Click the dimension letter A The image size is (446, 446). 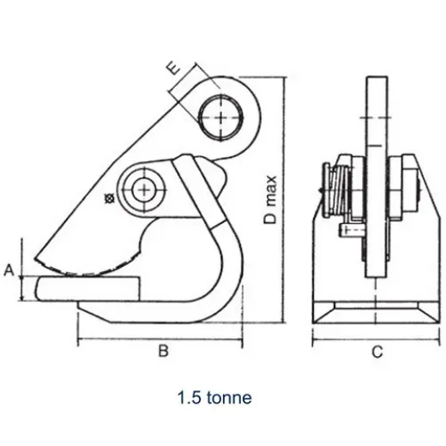pyautogui.click(x=9, y=271)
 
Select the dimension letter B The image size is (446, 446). pyautogui.click(x=160, y=350)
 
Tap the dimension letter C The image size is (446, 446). pyautogui.click(x=376, y=351)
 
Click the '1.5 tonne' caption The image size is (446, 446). pyautogui.click(x=214, y=398)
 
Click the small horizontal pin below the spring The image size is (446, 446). pyautogui.click(x=351, y=230)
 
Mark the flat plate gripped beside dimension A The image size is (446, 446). pyautogui.click(x=86, y=288)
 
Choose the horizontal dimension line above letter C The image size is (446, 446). pyautogui.click(x=376, y=339)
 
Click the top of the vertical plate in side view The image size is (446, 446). pyautogui.click(x=376, y=81)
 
